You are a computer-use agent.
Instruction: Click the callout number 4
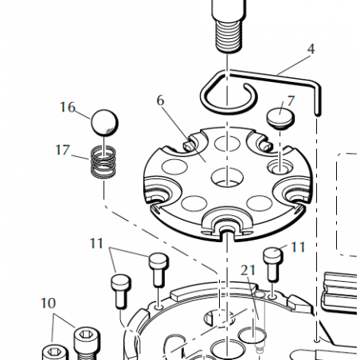(311, 49)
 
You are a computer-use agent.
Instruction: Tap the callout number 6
(160, 100)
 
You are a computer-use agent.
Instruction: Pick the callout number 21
(248, 271)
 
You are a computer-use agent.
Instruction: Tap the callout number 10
(48, 303)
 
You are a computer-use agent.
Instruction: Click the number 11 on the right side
(298, 248)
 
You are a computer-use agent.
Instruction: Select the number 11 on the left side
(96, 243)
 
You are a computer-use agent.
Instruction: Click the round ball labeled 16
(104, 123)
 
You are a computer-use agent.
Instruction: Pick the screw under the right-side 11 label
(273, 265)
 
